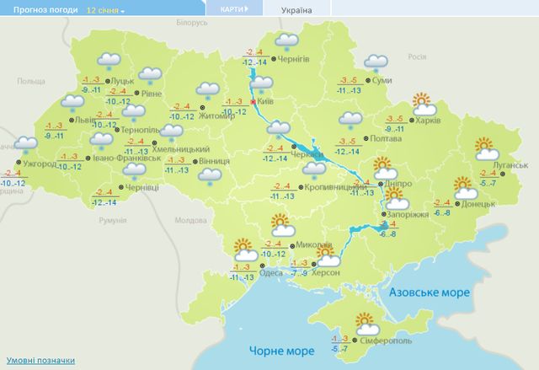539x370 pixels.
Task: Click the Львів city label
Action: click(85, 121)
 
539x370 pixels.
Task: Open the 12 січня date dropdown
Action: click(105, 11)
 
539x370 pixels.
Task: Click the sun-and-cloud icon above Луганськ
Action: click(487, 150)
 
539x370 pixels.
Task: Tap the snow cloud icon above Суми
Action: click(375, 64)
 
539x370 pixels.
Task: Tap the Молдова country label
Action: click(190, 220)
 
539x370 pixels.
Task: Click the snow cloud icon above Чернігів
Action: click(288, 41)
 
